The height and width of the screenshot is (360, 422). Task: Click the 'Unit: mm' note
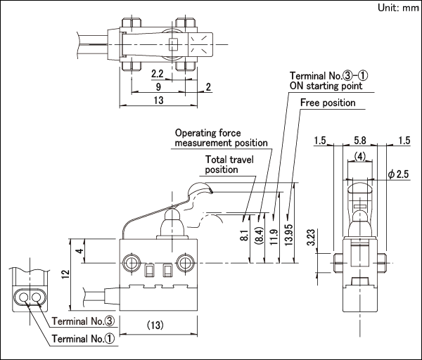(x=399, y=8)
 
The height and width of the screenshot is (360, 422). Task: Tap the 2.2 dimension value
(x=158, y=73)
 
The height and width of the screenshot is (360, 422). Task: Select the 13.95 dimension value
(x=288, y=234)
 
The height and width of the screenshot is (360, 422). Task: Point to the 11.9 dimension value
(x=274, y=237)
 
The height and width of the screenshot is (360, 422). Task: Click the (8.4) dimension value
(x=259, y=236)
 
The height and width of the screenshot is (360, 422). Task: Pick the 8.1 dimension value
(x=244, y=236)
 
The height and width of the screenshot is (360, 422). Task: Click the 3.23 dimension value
(x=311, y=238)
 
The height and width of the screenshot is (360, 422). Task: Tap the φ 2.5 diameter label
(x=398, y=174)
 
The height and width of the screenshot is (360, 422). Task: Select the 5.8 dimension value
(x=360, y=141)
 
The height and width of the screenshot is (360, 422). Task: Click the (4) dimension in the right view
(x=360, y=156)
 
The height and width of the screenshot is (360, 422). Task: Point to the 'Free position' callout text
(x=328, y=103)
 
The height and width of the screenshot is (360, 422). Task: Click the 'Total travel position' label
(x=229, y=165)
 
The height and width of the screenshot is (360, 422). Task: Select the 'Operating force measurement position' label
(x=222, y=138)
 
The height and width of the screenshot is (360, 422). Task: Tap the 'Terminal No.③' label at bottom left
(x=83, y=321)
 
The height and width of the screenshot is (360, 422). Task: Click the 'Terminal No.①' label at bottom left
(x=83, y=339)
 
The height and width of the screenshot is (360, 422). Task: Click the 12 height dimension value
(x=65, y=274)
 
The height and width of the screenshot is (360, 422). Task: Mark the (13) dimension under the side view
(x=155, y=326)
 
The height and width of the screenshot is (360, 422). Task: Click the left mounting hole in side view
(x=132, y=262)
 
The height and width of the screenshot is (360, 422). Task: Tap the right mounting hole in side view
(x=185, y=262)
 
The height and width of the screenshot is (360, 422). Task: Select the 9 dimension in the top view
(x=158, y=86)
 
